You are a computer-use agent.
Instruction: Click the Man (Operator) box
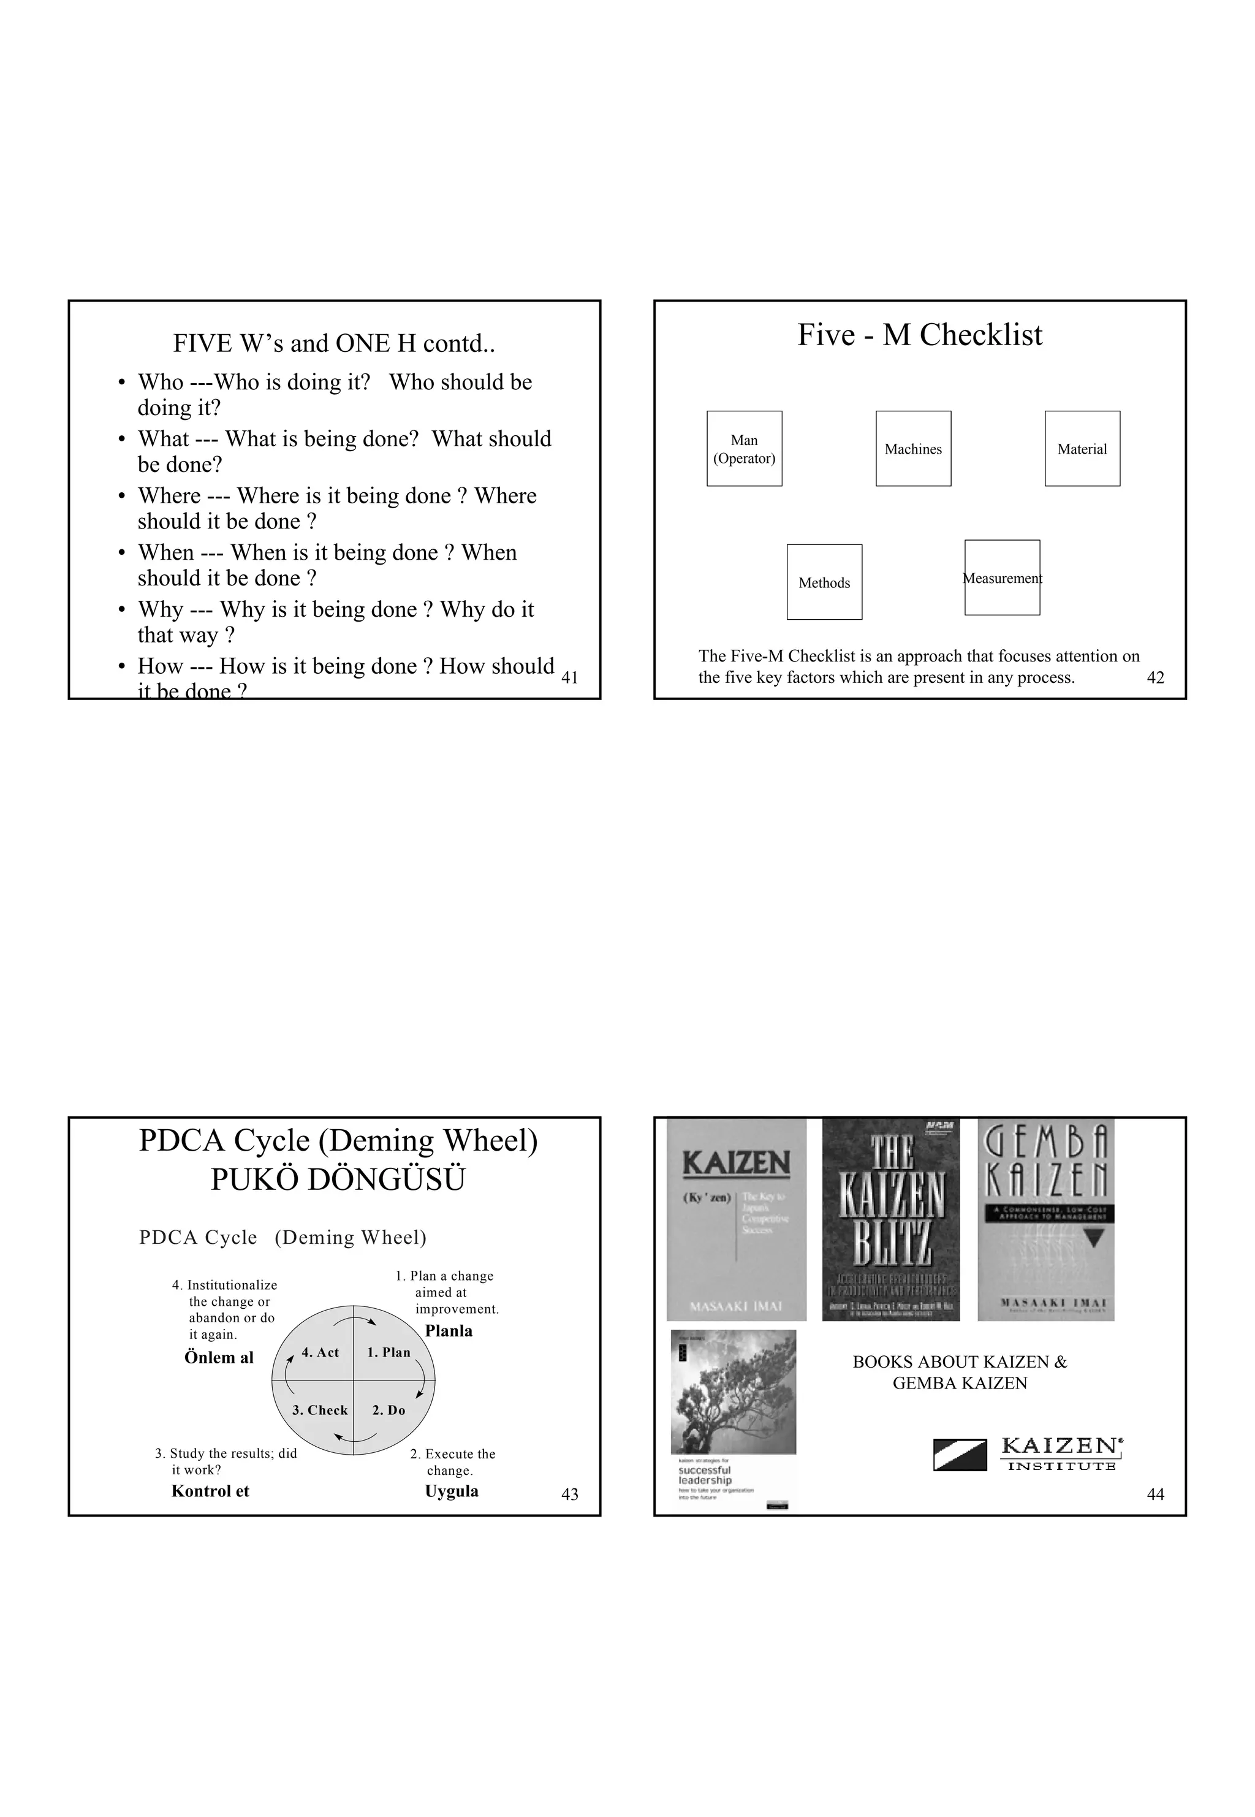[744, 448]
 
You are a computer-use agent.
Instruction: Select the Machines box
[913, 448]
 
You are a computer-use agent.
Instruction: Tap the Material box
[1082, 448]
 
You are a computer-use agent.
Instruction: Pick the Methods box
[824, 582]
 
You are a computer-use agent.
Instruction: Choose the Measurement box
[1002, 577]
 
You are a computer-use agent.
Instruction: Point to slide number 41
[569, 677]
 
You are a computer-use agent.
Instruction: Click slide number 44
[1155, 1494]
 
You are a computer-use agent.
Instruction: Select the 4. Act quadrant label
[320, 1352]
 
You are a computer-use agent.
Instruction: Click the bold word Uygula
[452, 1491]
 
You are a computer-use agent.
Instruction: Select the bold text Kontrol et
[210, 1491]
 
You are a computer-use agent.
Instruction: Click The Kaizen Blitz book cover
[891, 1219]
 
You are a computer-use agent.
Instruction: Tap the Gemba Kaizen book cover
[1046, 1219]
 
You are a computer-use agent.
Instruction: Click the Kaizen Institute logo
[1028, 1453]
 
